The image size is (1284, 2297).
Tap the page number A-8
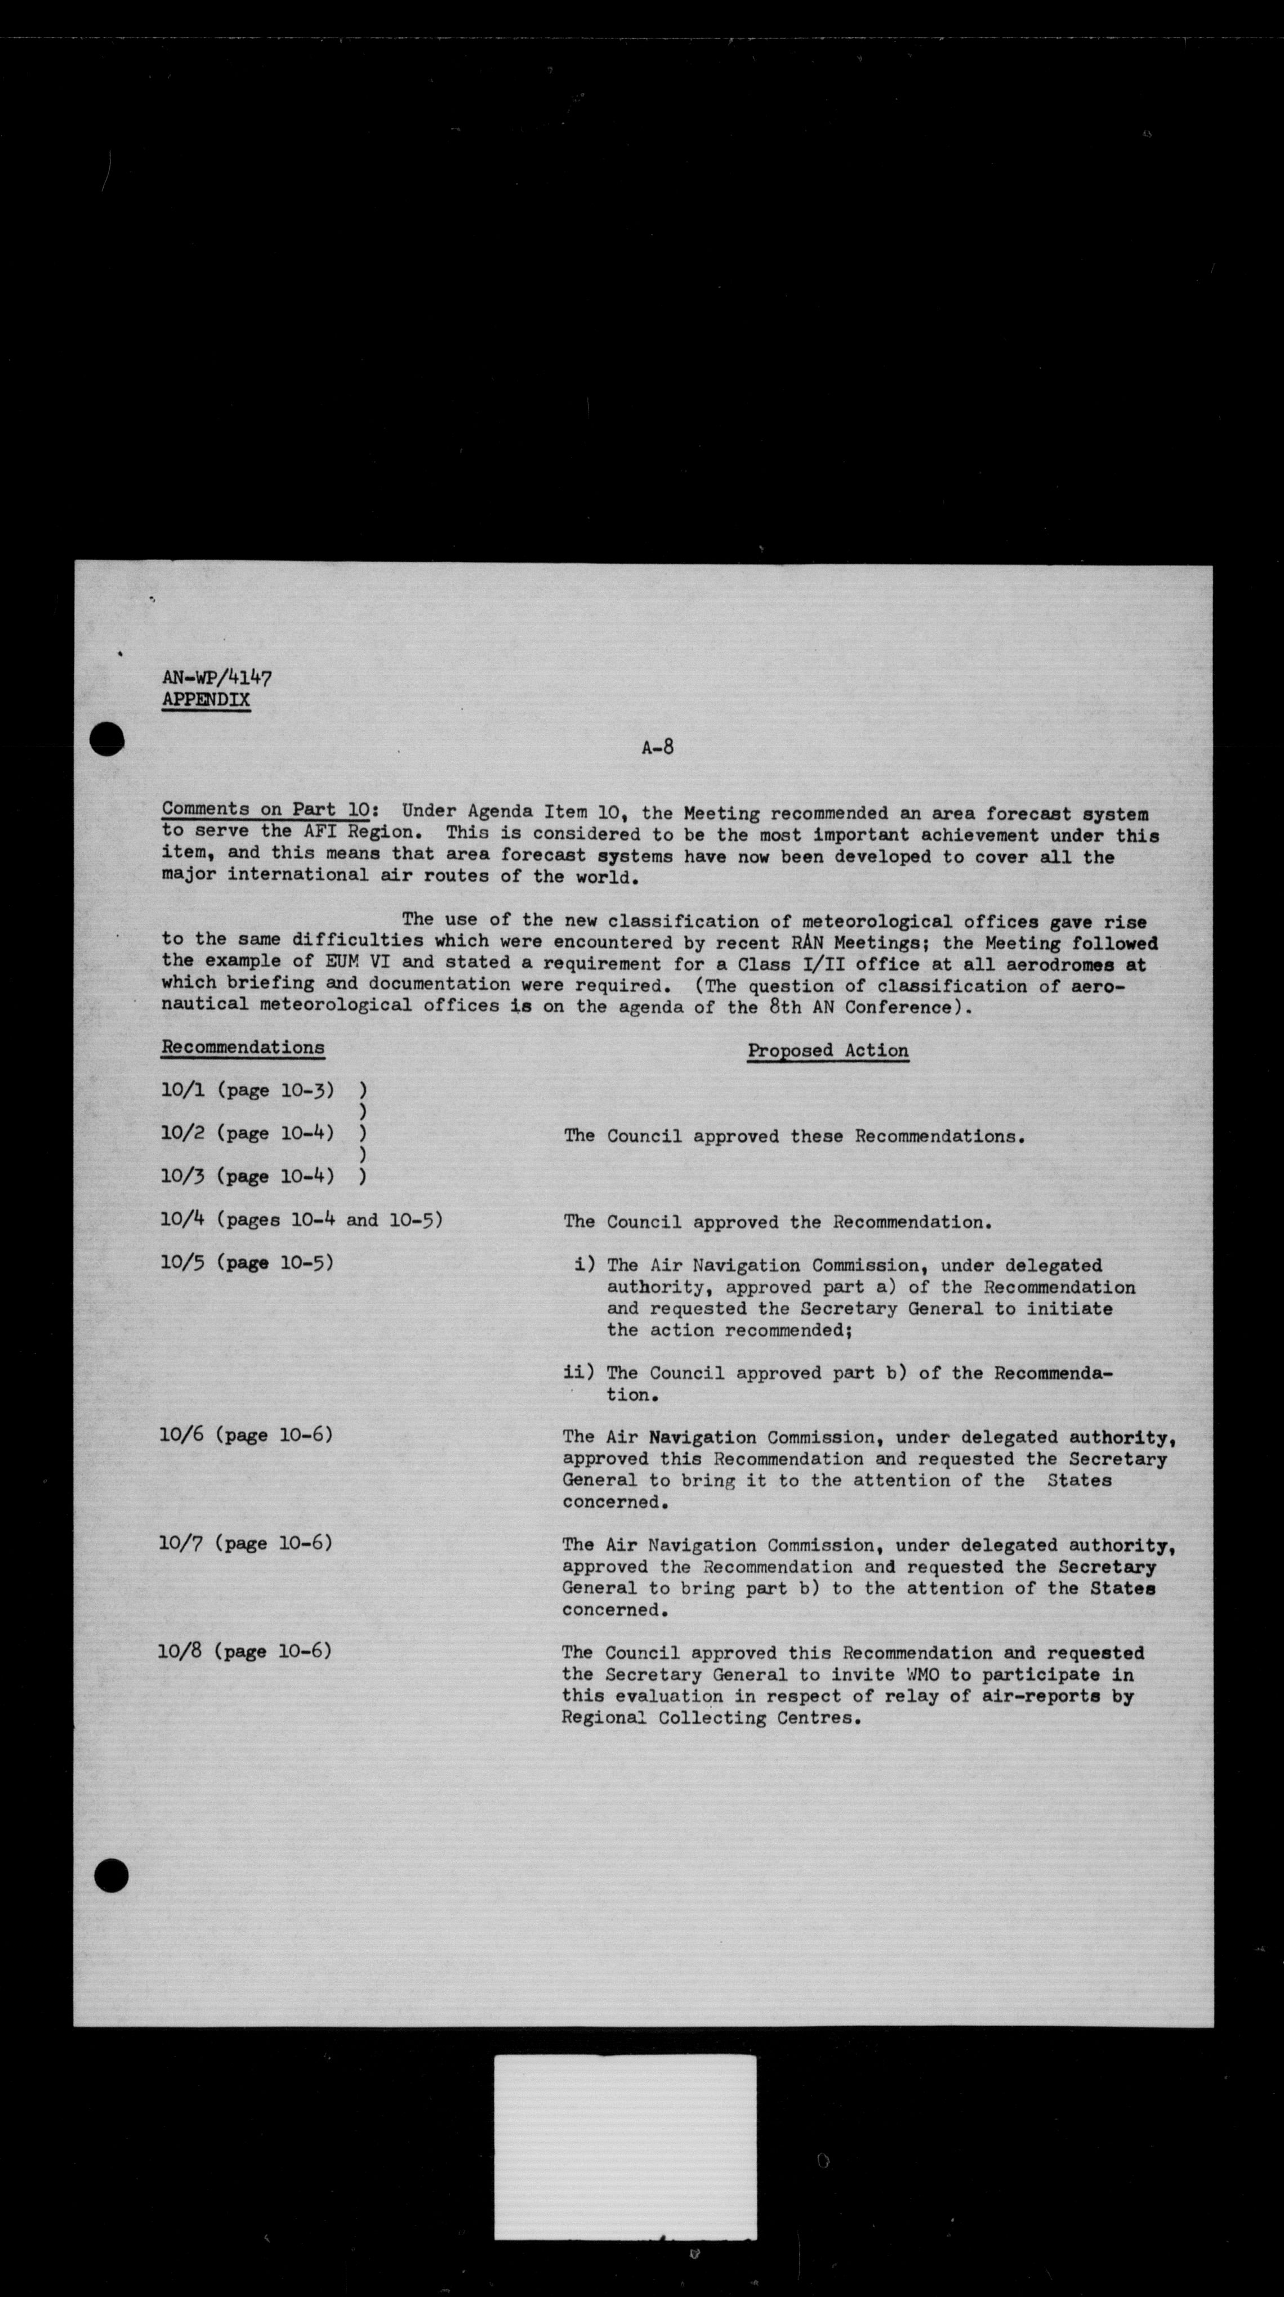click(657, 747)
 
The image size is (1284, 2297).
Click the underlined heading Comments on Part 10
click(266, 810)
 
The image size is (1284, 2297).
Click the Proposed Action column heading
click(827, 1051)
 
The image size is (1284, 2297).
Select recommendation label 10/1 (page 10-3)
click(247, 1089)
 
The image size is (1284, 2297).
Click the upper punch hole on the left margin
click(108, 738)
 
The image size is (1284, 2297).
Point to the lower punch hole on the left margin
click(110, 1876)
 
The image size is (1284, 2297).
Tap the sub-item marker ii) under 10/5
click(578, 1373)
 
